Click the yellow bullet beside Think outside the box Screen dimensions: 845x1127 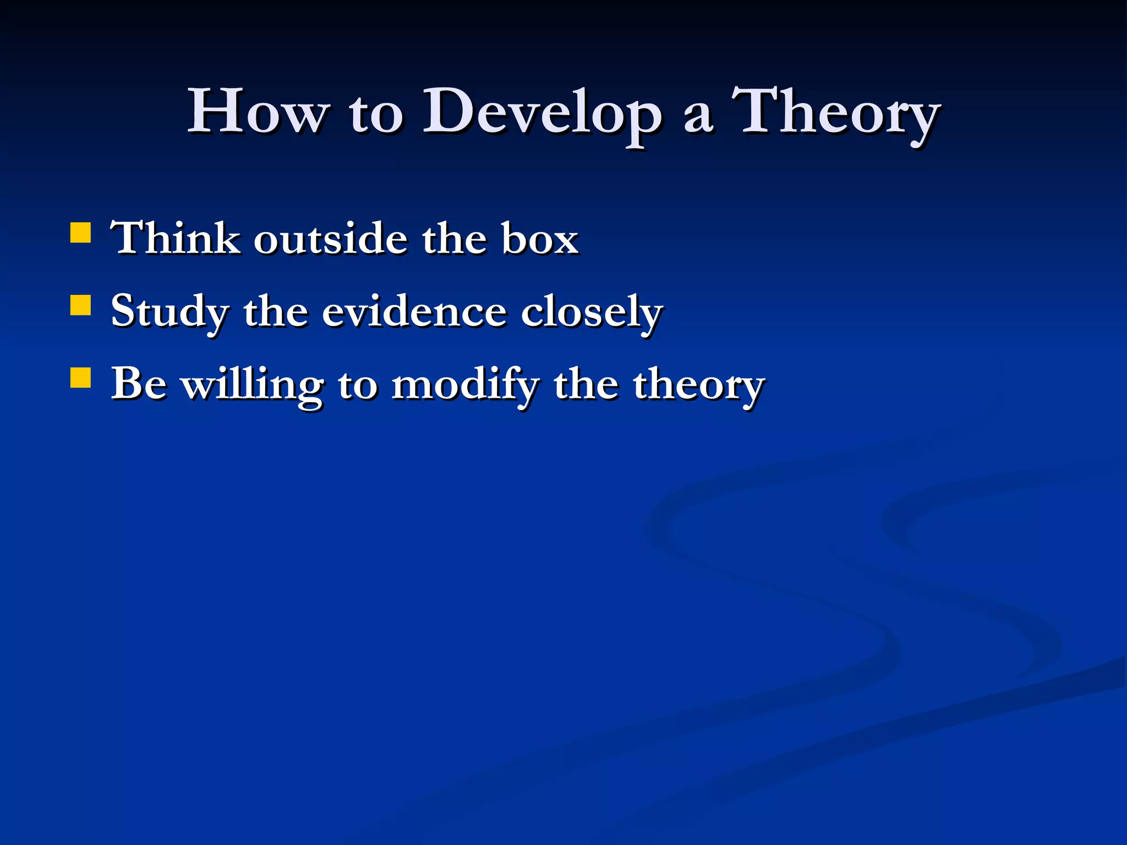(x=80, y=232)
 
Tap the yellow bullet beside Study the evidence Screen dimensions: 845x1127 (x=80, y=305)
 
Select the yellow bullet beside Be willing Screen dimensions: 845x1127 (x=80, y=378)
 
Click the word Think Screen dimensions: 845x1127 (x=175, y=238)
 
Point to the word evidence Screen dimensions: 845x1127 (x=413, y=311)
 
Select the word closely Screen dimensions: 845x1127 (x=592, y=312)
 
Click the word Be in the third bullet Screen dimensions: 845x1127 (x=139, y=383)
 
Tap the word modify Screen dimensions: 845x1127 (x=466, y=385)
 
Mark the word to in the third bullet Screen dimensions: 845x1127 (x=358, y=385)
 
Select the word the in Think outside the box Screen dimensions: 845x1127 (x=454, y=239)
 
